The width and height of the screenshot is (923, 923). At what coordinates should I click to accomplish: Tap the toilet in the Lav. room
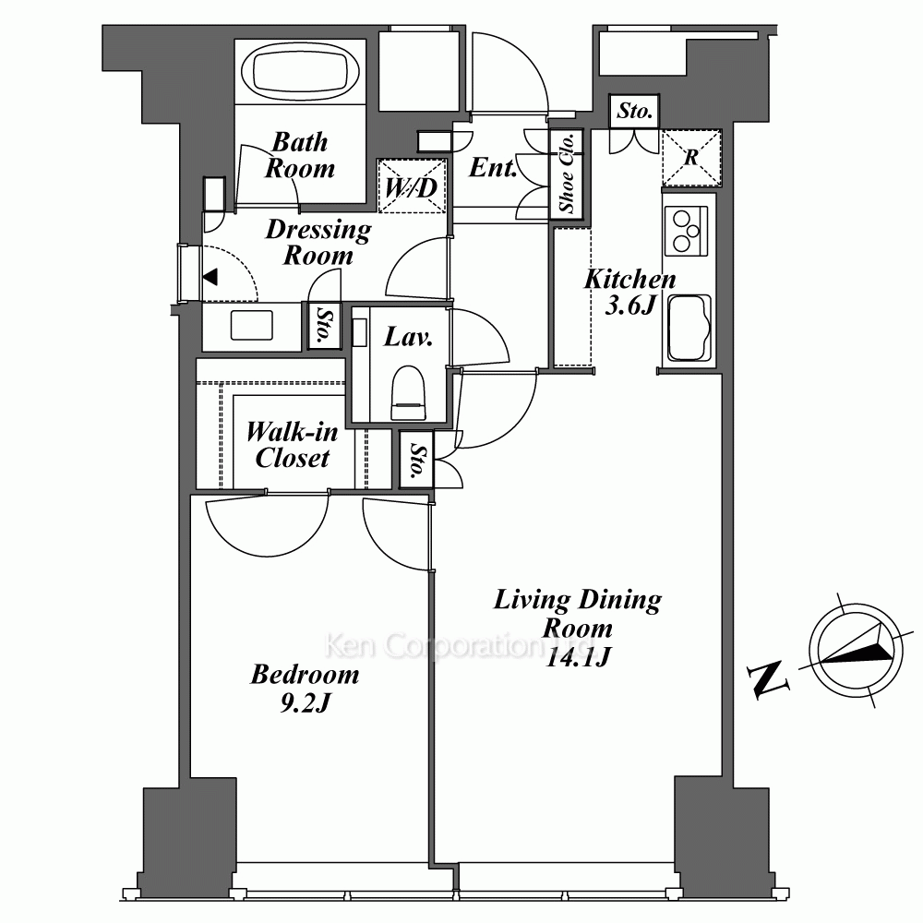pos(409,392)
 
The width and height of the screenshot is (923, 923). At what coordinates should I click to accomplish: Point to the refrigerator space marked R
pos(691,157)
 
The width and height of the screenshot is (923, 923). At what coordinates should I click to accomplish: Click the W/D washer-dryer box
pos(412,186)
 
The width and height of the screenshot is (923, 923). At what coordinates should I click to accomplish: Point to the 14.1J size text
pos(577,655)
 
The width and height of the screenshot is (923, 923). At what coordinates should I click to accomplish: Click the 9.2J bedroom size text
pos(305,702)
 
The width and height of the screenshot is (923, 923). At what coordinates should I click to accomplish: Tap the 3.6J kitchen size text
pos(630,305)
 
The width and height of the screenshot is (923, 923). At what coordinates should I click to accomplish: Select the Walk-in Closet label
pos(292,445)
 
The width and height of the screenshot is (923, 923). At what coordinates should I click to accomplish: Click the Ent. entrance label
pos(493,167)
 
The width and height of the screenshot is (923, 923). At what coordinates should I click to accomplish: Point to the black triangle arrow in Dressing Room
pos(210,277)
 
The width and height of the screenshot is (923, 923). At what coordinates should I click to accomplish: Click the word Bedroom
pos(305,674)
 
